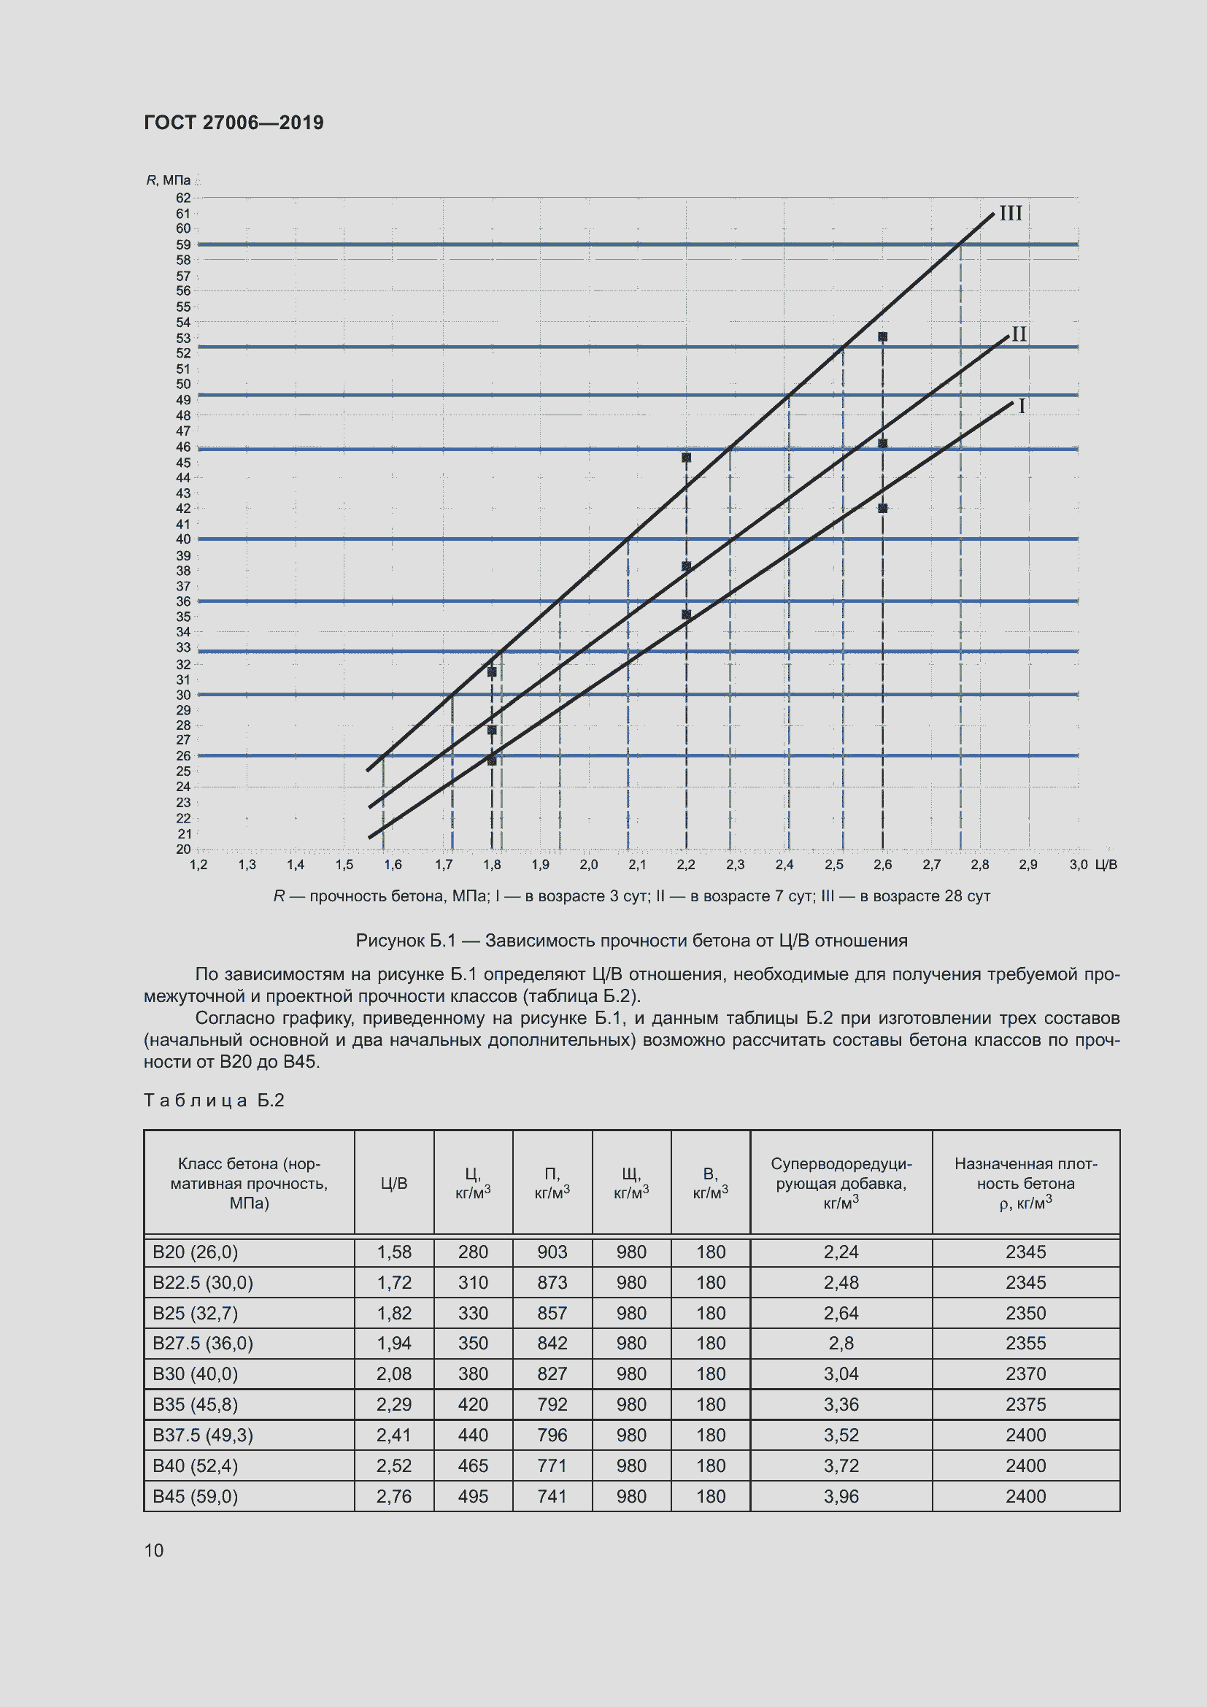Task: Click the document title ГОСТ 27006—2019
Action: (x=234, y=123)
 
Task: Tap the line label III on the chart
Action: (x=1011, y=213)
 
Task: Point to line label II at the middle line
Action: (x=1019, y=334)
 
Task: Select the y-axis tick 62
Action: (x=183, y=198)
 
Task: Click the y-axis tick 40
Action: (x=183, y=539)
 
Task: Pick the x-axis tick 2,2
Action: (x=685, y=865)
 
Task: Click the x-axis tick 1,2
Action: (x=198, y=865)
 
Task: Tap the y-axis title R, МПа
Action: (x=168, y=181)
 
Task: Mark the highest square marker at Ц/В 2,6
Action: (x=882, y=336)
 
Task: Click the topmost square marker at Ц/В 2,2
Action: (x=686, y=458)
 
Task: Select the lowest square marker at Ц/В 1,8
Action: (x=491, y=760)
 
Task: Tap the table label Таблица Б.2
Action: (x=214, y=1101)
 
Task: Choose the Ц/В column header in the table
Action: (x=394, y=1183)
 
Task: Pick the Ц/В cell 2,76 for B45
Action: (x=394, y=1496)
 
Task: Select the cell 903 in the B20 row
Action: (x=552, y=1252)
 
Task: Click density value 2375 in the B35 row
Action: (x=1025, y=1404)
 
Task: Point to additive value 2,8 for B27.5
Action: (x=841, y=1344)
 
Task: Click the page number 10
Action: (x=154, y=1550)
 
